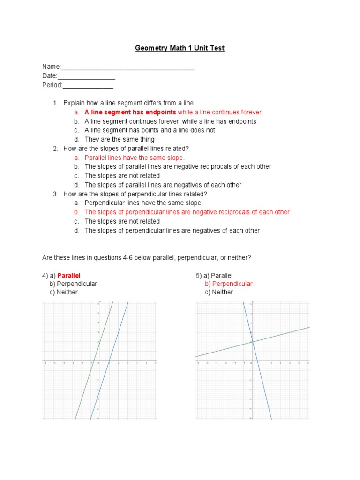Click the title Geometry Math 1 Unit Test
click(x=180, y=48)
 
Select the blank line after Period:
click(x=88, y=86)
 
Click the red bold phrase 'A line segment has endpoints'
click(x=130, y=112)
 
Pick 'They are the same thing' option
click(x=120, y=140)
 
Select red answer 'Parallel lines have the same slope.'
click(x=135, y=158)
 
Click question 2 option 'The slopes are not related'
click(x=122, y=176)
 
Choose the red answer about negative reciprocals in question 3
click(x=187, y=212)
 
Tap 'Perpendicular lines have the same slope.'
click(x=144, y=203)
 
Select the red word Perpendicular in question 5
click(x=232, y=284)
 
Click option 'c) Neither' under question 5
click(x=219, y=292)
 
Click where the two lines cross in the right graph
click(x=252, y=342)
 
